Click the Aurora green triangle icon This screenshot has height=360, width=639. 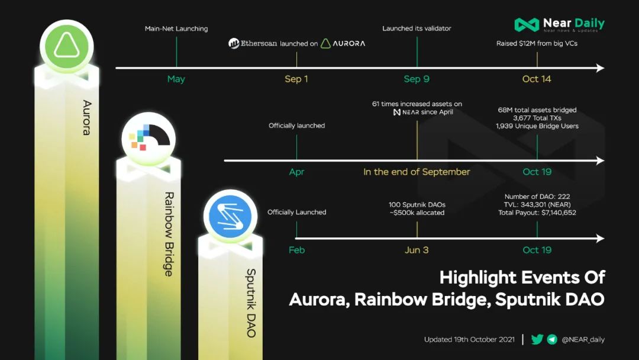click(x=67, y=46)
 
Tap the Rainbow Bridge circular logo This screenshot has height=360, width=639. click(x=149, y=139)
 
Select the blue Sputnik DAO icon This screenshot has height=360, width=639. click(x=230, y=216)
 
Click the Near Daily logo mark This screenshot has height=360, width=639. click(x=527, y=25)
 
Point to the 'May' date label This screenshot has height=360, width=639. click(x=176, y=79)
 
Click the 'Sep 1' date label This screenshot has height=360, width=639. click(x=296, y=79)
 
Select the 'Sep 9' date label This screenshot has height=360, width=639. click(x=417, y=79)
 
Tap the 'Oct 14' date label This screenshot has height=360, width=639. click(x=537, y=79)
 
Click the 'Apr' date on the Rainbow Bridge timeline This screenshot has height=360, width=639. click(x=296, y=172)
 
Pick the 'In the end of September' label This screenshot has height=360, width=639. click(x=417, y=172)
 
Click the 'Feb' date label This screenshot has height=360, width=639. click(x=296, y=250)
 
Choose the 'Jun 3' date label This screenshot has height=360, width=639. click(x=417, y=250)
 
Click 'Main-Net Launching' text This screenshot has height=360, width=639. click(x=176, y=28)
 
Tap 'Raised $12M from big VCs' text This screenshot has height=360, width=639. click(x=537, y=43)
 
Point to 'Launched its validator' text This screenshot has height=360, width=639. click(x=417, y=28)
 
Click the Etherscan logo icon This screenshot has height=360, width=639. click(x=234, y=43)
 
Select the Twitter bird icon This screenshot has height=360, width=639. click(x=537, y=339)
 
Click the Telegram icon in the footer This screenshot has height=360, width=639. click(x=552, y=339)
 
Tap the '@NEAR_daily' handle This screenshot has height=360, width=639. click(x=583, y=340)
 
